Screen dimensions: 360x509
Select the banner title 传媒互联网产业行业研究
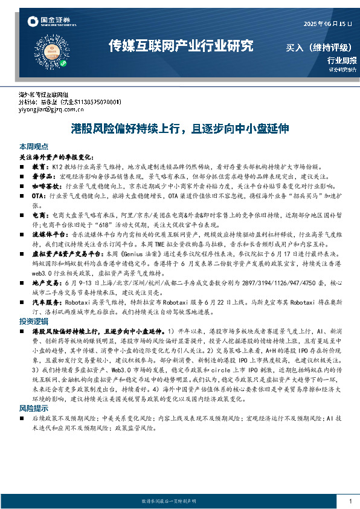point(180,45)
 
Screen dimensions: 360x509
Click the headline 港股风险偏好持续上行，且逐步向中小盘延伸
point(179,129)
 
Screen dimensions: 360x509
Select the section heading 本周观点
point(34,148)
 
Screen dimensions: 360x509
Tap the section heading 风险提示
point(34,391)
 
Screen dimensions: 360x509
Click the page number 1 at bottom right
point(350,501)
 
